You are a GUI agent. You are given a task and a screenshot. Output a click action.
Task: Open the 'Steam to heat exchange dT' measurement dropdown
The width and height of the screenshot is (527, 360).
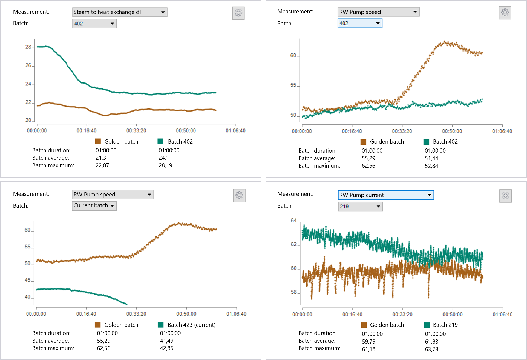coord(120,12)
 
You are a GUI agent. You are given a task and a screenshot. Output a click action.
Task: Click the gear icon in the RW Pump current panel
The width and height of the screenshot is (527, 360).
coord(505,196)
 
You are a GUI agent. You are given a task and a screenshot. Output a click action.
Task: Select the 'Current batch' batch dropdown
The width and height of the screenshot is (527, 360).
coord(94,206)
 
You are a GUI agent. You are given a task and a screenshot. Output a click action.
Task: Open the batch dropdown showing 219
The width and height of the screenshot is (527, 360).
coord(360,207)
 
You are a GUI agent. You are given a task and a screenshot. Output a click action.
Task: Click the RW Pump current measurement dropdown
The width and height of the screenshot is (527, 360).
coord(385,195)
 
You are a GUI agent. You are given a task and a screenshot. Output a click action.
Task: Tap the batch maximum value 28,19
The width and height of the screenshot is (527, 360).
coord(165,165)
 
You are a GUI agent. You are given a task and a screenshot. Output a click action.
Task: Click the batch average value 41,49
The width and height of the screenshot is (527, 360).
coord(166,341)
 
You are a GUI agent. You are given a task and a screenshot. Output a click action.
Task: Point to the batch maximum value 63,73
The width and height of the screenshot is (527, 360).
coord(431,349)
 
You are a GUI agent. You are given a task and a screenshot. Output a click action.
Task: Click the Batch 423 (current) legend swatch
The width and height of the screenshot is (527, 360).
coord(161,325)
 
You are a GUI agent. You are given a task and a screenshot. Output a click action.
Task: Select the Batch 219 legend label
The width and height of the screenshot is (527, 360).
coord(445,325)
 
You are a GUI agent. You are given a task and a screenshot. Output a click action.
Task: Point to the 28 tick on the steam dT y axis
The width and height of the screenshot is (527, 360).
coord(28,47)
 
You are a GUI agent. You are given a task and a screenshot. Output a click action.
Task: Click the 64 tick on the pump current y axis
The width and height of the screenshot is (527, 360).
coord(294,221)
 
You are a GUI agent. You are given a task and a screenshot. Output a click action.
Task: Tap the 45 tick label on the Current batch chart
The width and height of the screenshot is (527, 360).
coord(28,280)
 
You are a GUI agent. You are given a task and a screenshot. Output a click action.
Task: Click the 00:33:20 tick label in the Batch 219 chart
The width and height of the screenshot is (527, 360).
coord(402,314)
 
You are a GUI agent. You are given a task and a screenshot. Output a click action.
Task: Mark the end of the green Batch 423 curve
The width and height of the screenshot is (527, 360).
coord(126,304)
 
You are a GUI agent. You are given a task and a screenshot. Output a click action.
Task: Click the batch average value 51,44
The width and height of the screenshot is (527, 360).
coord(431,158)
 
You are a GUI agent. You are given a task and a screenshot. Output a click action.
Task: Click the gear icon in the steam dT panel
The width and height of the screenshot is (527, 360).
coord(238,13)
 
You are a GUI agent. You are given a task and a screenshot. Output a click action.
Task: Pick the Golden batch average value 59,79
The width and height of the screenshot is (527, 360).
coord(368,342)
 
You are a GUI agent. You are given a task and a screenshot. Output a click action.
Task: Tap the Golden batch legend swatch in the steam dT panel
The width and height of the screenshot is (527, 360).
coord(98,141)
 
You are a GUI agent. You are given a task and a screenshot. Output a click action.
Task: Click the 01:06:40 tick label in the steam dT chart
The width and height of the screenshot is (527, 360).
coord(235,131)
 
